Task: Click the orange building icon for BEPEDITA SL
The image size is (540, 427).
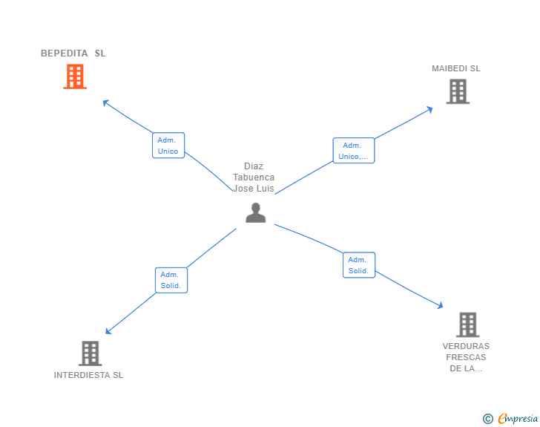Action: tap(75, 76)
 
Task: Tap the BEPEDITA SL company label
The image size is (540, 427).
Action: tap(73, 53)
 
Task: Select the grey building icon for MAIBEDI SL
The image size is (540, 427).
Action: tap(458, 91)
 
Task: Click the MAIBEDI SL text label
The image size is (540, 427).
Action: tap(456, 68)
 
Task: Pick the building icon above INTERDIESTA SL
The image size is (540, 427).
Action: tap(90, 353)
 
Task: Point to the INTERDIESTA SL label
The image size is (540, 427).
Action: tap(88, 375)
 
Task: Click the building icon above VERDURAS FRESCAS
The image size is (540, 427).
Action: tap(467, 325)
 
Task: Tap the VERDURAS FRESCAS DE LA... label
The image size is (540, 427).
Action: tap(466, 357)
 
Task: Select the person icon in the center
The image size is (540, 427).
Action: tap(255, 212)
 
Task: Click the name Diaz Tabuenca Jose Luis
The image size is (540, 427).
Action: tap(254, 177)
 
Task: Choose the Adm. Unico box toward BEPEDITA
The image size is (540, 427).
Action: tap(168, 146)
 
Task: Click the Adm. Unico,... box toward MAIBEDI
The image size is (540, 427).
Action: tap(353, 151)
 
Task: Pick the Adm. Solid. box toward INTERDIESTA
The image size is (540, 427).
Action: tap(171, 280)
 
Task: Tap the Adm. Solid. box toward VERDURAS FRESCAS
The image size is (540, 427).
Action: tap(359, 265)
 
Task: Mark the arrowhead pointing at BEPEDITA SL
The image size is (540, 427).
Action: tap(105, 102)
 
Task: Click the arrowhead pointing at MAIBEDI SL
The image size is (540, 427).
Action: tap(430, 109)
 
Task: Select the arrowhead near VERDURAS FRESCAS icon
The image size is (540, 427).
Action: tap(441, 305)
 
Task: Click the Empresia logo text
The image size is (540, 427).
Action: tap(518, 419)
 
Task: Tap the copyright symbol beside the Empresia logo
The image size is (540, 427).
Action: tap(488, 419)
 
